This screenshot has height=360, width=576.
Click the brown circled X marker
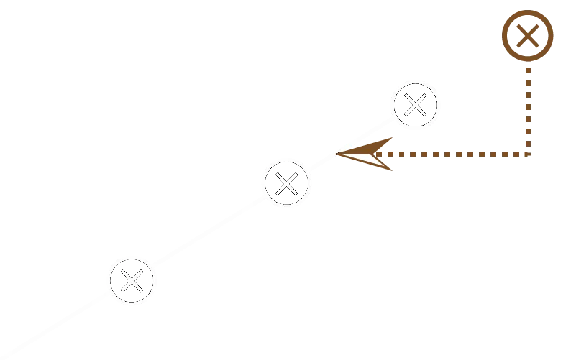pos(529,34)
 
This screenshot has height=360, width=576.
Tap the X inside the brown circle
pos(529,33)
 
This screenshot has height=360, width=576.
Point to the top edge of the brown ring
pos(529,9)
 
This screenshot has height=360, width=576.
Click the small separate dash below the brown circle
pos(529,94)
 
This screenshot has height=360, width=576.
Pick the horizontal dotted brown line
pos(460,154)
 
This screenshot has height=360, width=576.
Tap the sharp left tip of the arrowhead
pos(337,154)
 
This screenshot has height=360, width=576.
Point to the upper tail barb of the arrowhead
pos(393,136)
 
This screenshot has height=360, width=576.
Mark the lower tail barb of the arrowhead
pos(393,170)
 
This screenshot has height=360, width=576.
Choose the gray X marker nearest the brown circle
pos(416,105)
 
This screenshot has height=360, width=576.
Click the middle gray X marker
pos(286,183)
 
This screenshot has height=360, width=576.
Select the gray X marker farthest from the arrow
pos(132,280)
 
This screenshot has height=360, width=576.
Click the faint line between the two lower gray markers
pos(209,232)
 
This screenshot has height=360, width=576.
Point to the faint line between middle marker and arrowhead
pos(316,165)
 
